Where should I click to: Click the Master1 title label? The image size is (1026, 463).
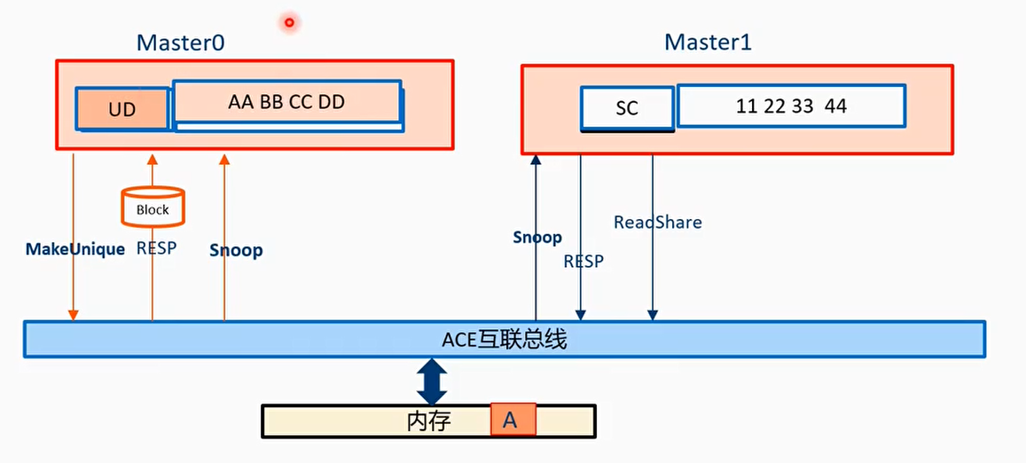tap(708, 43)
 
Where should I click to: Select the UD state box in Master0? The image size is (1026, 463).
tap(122, 109)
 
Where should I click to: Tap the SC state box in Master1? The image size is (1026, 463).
tap(627, 108)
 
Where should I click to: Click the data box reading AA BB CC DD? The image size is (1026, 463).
tap(286, 102)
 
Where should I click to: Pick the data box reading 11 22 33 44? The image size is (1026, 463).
tap(791, 106)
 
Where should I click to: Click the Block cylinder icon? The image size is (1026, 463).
tap(153, 208)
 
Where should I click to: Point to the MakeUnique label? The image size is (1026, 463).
tap(75, 249)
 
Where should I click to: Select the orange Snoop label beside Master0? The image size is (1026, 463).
tap(236, 250)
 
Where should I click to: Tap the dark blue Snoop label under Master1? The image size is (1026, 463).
tap(537, 237)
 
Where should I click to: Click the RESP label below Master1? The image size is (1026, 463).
tap(583, 261)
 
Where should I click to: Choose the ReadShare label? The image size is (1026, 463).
tap(658, 222)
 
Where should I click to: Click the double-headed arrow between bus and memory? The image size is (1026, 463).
tap(432, 381)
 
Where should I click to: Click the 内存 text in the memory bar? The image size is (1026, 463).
tap(429, 420)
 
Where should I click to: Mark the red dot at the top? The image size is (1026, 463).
tap(289, 22)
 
